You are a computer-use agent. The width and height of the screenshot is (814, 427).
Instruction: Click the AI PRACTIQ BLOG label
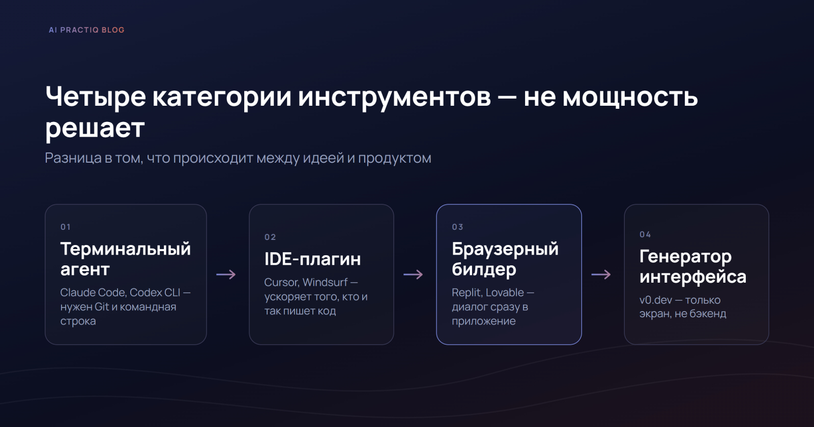tap(86, 30)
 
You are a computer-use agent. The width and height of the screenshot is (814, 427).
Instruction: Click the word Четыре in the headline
tap(96, 97)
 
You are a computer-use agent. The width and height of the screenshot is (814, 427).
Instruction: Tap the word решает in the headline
tap(95, 129)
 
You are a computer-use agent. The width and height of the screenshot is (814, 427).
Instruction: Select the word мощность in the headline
tap(630, 97)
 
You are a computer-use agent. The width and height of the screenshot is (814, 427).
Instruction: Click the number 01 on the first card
tap(66, 227)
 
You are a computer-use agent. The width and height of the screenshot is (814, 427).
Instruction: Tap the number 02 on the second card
tap(270, 237)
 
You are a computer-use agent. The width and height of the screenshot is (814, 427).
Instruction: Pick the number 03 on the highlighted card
tap(457, 227)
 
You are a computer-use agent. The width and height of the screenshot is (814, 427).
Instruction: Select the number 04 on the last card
tap(645, 234)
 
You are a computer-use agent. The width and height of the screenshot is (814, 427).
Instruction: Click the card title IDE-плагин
tap(312, 259)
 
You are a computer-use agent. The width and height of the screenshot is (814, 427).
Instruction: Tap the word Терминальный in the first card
tap(125, 250)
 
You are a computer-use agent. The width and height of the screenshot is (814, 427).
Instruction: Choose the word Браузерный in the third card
tap(505, 250)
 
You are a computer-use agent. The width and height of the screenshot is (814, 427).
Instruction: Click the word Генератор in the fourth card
tap(685, 257)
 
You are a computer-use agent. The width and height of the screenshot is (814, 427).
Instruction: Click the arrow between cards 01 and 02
tap(226, 274)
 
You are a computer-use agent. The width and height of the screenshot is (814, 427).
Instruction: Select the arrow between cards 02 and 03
tap(413, 274)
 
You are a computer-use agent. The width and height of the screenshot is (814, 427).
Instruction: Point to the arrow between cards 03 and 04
tap(601, 274)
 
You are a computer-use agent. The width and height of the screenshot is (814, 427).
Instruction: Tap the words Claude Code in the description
tap(94, 293)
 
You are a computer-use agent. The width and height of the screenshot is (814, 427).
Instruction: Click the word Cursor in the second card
tap(282, 283)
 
